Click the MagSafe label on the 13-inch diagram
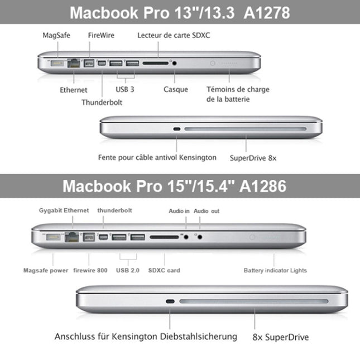click(x=56, y=35)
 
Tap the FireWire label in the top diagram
click(x=101, y=35)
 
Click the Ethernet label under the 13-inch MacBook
click(x=74, y=89)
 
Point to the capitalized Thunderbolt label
click(x=102, y=102)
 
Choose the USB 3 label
click(x=125, y=89)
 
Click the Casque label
click(x=176, y=89)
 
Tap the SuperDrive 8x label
click(x=253, y=158)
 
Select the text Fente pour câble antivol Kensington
click(x=157, y=157)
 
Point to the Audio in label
click(x=179, y=211)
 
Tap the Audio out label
click(x=207, y=211)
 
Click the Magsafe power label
click(x=46, y=271)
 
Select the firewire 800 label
click(x=90, y=271)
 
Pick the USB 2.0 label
click(x=128, y=271)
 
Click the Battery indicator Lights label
click(x=275, y=271)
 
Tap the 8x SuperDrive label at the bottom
click(x=280, y=337)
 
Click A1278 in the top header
click(x=263, y=12)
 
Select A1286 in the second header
click(x=262, y=186)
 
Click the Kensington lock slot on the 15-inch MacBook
click(x=170, y=302)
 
